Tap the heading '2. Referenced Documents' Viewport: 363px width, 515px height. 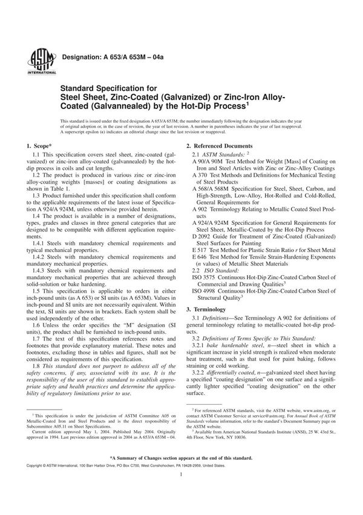[219, 147]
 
